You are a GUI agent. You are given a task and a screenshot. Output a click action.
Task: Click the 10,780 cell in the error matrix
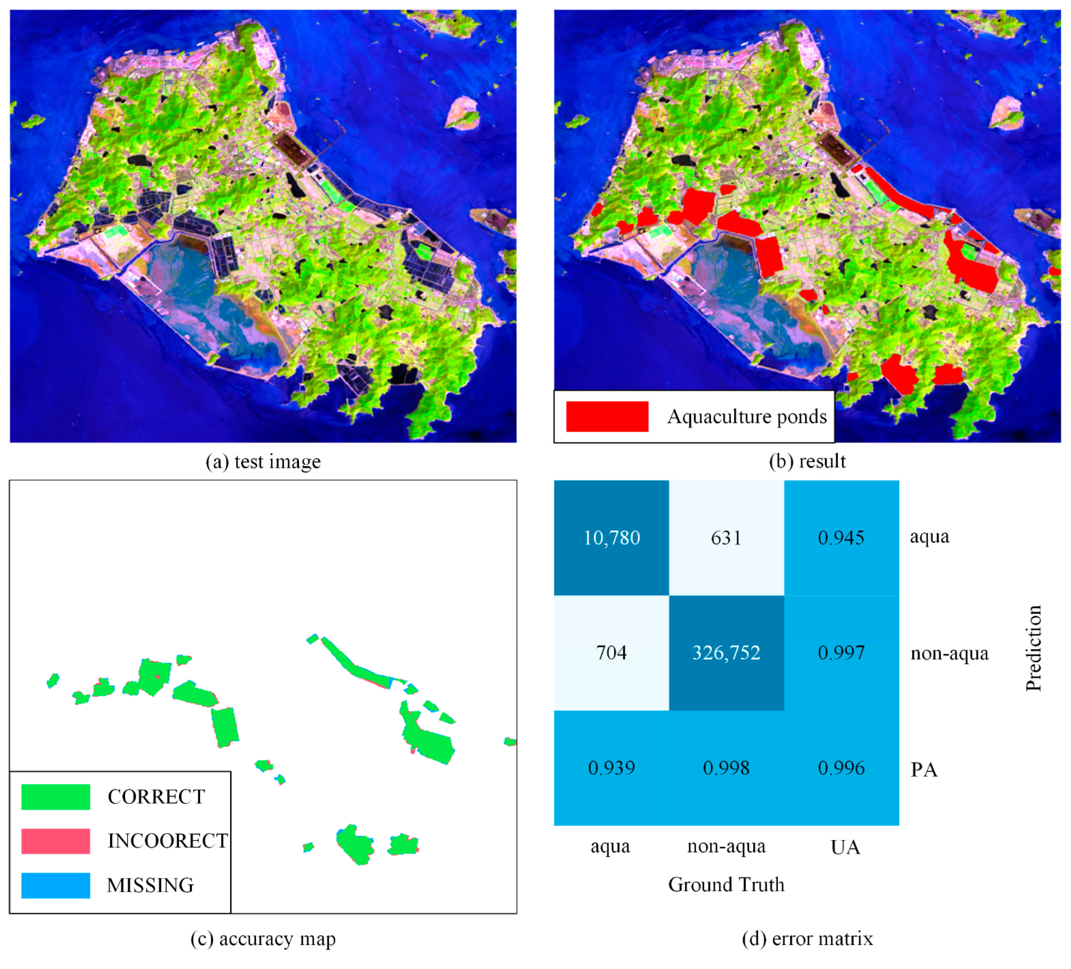(x=612, y=538)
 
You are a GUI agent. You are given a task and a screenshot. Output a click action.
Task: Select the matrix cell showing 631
(x=726, y=538)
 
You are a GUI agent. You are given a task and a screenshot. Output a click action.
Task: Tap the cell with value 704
(x=612, y=653)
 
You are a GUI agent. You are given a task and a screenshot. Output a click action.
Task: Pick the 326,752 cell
(x=726, y=653)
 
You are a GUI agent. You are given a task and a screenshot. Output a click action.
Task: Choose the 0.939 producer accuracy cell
(x=612, y=768)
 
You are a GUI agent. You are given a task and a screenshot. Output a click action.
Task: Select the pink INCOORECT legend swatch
(x=56, y=841)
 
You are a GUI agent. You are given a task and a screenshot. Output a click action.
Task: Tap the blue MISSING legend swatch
(x=56, y=885)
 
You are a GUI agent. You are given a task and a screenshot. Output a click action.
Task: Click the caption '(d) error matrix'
(x=807, y=939)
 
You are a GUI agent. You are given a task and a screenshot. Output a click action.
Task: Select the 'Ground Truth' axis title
(x=726, y=885)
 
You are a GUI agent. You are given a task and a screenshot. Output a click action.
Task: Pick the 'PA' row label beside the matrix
(x=924, y=769)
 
